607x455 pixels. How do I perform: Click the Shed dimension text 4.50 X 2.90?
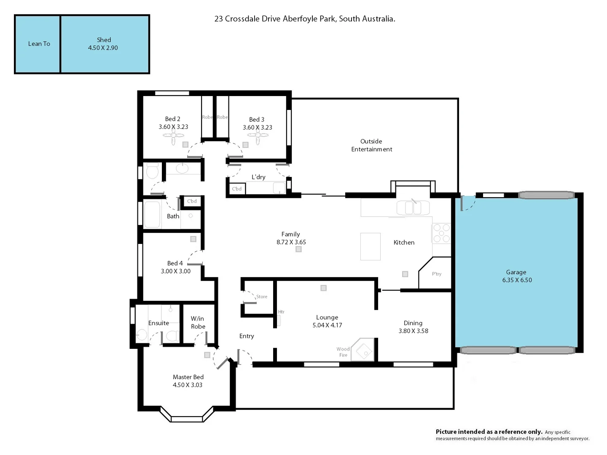[103, 48]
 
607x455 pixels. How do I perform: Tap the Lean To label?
[39, 44]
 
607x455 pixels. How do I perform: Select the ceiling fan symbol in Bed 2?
[173, 136]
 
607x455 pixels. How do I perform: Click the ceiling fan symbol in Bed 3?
[258, 136]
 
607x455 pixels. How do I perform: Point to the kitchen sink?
[413, 208]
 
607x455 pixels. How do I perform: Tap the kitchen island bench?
[370, 246]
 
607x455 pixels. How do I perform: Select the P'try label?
[437, 274]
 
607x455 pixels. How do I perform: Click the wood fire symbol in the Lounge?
[363, 350]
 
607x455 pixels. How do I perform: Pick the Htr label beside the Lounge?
[281, 312]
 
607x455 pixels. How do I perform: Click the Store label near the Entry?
[262, 297]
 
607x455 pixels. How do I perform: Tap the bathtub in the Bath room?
[152, 214]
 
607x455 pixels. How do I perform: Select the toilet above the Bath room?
[152, 171]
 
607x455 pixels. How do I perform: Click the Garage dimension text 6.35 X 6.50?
[517, 280]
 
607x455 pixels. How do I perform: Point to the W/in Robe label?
[198, 323]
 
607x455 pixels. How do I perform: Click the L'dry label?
[258, 177]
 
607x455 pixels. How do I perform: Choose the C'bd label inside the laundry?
[237, 189]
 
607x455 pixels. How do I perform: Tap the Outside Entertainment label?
[371, 145]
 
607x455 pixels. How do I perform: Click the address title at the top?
[305, 19]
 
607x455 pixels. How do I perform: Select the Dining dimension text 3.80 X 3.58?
[413, 331]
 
